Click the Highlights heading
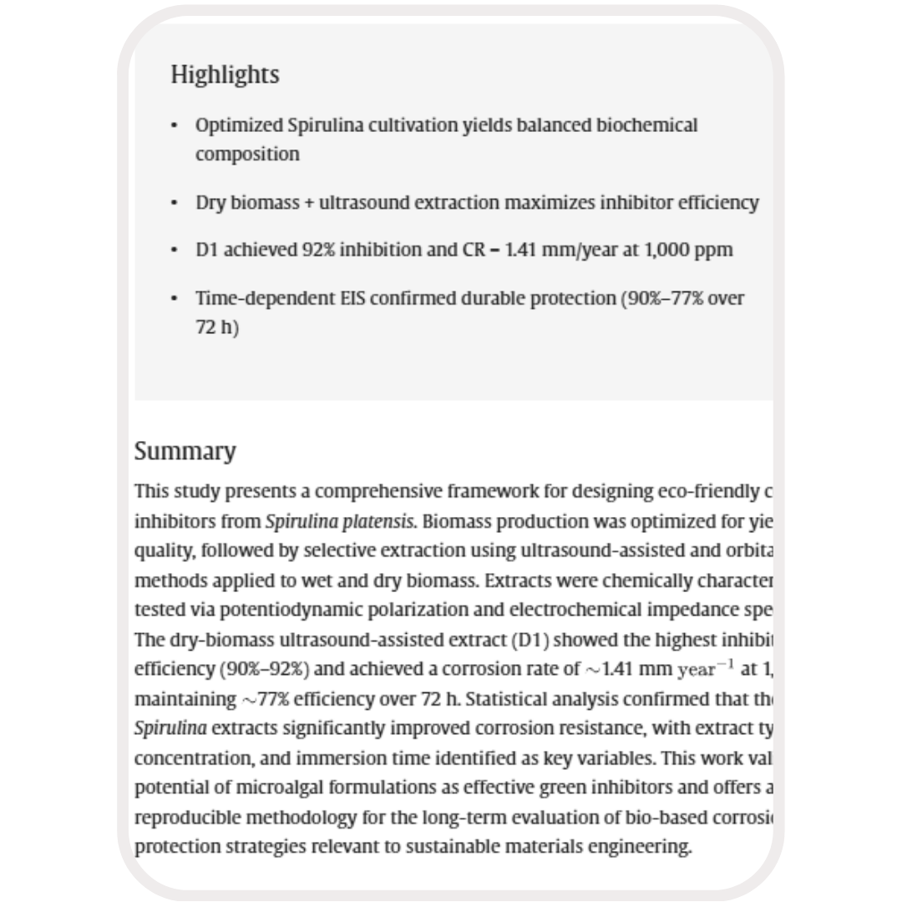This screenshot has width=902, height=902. [x=225, y=75]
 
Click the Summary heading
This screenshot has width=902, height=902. [x=185, y=451]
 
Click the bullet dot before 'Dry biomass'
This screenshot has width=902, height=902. [x=174, y=203]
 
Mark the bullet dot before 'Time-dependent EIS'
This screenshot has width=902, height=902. [x=174, y=299]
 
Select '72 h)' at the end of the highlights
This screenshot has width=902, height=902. [x=217, y=327]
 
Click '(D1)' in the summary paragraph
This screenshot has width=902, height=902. [x=529, y=641]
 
